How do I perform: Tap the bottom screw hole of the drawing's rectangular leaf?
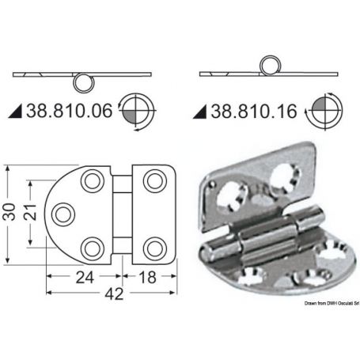pos(151,246)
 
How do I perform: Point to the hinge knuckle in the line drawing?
pos(123,214)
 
